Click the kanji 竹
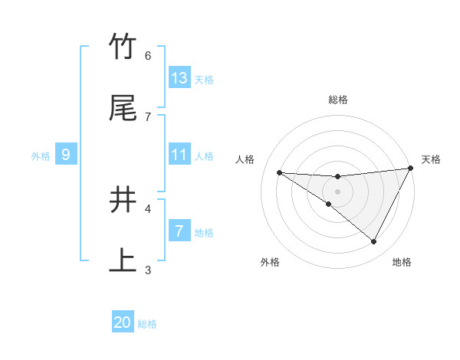tap(123, 47)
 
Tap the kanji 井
tap(123, 200)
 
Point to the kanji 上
tap(123, 260)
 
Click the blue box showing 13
tap(179, 78)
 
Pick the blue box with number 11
tap(179, 155)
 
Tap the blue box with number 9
tap(66, 155)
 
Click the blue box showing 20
tap(123, 322)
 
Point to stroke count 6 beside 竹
tap(148, 55)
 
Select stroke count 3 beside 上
tap(148, 270)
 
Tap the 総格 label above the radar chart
tap(338, 100)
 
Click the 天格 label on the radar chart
tap(431, 159)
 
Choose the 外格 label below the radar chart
tap(270, 263)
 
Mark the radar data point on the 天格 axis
tap(411, 169)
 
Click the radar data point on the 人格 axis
tap(279, 172)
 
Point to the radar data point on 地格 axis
tap(373, 242)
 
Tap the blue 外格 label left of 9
tap(41, 156)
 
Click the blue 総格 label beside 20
tap(147, 324)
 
